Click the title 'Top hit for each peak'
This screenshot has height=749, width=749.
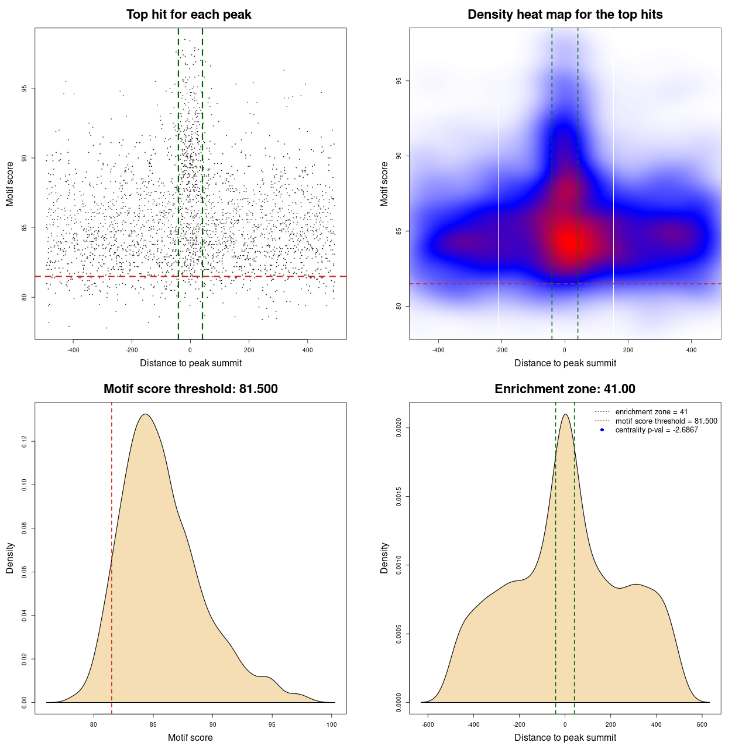tap(189, 15)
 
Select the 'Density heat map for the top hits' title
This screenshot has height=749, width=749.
tap(565, 15)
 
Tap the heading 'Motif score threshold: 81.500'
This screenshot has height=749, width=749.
tap(190, 389)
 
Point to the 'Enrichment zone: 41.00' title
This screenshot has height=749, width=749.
tap(565, 389)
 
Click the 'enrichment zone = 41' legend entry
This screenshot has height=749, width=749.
tap(651, 412)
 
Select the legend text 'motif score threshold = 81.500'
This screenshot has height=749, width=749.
tap(666, 421)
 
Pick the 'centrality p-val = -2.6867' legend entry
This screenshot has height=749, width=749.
tap(657, 430)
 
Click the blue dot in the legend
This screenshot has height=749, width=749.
tap(602, 430)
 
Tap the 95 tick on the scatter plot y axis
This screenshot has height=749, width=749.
tap(25, 88)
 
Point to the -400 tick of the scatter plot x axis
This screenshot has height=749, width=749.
tap(73, 351)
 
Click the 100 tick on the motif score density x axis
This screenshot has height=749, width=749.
tap(332, 725)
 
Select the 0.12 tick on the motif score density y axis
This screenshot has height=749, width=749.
tap(25, 442)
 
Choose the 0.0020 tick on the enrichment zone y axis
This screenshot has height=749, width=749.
tap(399, 428)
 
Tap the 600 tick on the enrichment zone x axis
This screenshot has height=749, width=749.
tap(702, 725)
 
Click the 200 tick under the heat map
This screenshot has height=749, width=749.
tap(628, 351)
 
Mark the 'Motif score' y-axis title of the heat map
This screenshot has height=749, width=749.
tap(384, 184)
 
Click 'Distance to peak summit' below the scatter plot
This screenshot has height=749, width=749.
tap(191, 363)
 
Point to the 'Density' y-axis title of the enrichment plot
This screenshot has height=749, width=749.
tap(384, 558)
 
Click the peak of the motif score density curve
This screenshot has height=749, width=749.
tap(146, 414)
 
